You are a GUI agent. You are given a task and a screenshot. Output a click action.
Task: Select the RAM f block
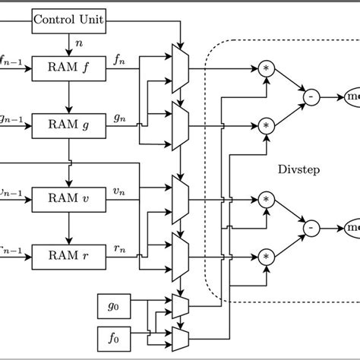(x=69, y=71)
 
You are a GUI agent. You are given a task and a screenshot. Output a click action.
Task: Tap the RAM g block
(x=69, y=124)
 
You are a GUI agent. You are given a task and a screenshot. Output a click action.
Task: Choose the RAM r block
(x=69, y=254)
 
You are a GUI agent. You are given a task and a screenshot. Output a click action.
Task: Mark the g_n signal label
(x=120, y=118)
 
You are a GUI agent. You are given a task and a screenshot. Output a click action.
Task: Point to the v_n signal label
(x=120, y=194)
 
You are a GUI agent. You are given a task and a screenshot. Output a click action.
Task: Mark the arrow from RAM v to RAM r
(x=69, y=226)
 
